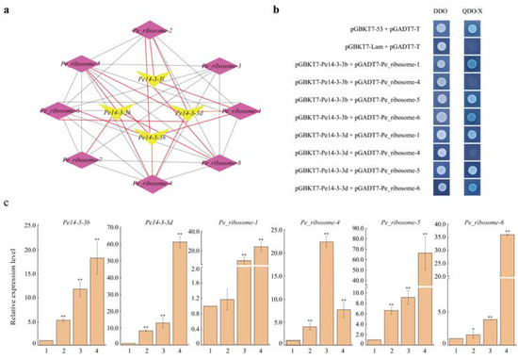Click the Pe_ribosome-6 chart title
[473, 222]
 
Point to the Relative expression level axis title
[11, 287]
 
